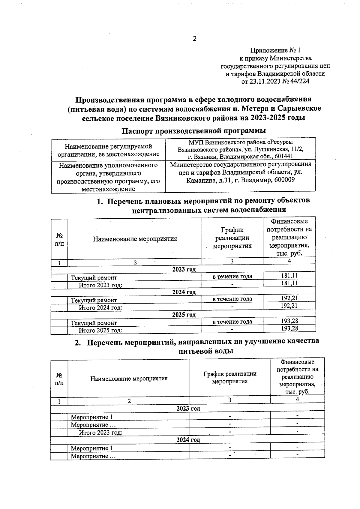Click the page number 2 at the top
coord(194,39)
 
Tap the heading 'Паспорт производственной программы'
coord(194,131)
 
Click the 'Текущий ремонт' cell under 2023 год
coord(94,278)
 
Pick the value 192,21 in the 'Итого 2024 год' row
coord(289,306)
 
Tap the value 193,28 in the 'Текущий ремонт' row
coord(289,321)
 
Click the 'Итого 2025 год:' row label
coord(100,330)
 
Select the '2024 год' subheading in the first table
coord(184,292)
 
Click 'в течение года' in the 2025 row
coord(232,322)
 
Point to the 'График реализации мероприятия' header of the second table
coord(230,377)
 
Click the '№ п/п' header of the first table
coord(59,239)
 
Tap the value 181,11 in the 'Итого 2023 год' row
coord(289,283)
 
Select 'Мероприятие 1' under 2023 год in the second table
coord(91,417)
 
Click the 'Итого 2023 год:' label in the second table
coord(100,432)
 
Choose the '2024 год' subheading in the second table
coord(188,440)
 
